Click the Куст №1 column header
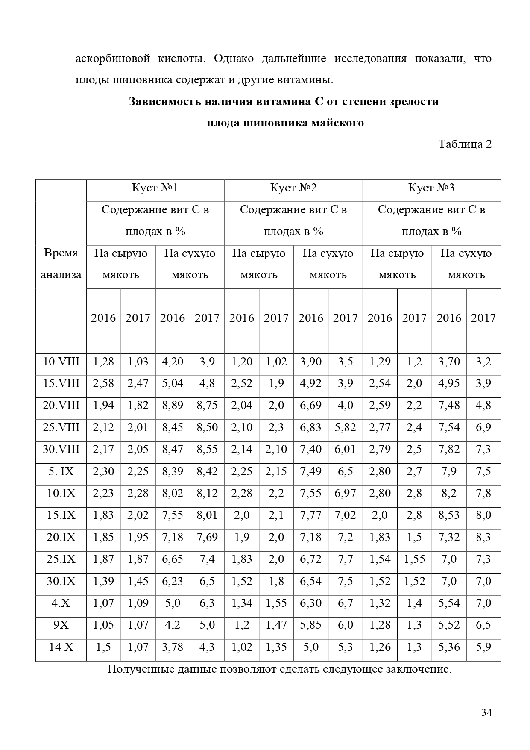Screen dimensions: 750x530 click(x=155, y=188)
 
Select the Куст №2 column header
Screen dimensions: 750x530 click(x=293, y=188)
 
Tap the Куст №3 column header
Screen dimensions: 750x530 click(x=431, y=188)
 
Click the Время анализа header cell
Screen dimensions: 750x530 click(x=61, y=264)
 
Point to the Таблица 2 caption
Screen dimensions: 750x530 click(x=465, y=144)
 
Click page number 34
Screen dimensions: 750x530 click(x=486, y=712)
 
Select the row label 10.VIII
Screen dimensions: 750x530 click(x=61, y=362)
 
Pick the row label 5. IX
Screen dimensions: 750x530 click(x=61, y=471)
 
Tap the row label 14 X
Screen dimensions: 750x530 click(x=61, y=647)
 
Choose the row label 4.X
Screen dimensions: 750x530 click(x=61, y=603)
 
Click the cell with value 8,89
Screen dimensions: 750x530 click(x=173, y=405)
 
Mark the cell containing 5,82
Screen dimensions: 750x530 click(x=345, y=427)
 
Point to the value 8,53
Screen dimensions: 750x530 click(x=449, y=515)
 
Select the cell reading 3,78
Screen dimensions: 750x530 click(x=173, y=647)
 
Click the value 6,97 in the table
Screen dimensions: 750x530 click(x=345, y=493)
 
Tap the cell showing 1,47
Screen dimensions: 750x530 click(x=276, y=625)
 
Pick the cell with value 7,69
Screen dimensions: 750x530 click(x=207, y=537)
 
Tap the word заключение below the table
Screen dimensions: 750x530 click(x=418, y=669)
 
